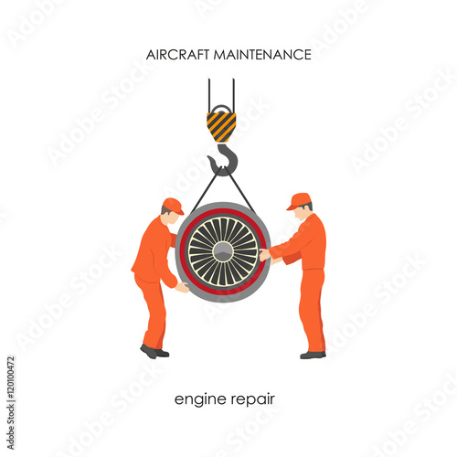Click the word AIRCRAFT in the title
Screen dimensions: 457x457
(177, 55)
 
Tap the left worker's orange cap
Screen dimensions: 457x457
(173, 205)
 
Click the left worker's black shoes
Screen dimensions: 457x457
(154, 351)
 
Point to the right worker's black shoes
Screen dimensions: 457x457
(312, 354)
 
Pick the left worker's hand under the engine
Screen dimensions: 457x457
(183, 287)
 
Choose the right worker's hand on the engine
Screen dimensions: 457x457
(264, 255)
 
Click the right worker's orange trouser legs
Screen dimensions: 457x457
(313, 311)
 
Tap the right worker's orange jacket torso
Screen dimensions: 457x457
(309, 245)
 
